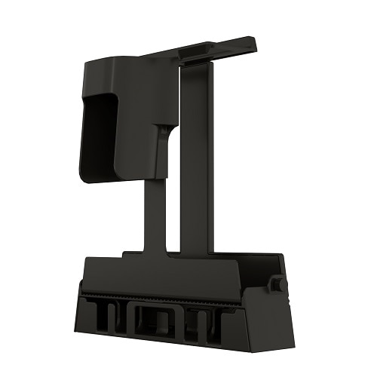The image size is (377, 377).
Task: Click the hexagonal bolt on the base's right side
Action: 277,284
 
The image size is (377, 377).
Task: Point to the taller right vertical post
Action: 195,158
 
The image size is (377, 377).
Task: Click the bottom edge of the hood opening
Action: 98,179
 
